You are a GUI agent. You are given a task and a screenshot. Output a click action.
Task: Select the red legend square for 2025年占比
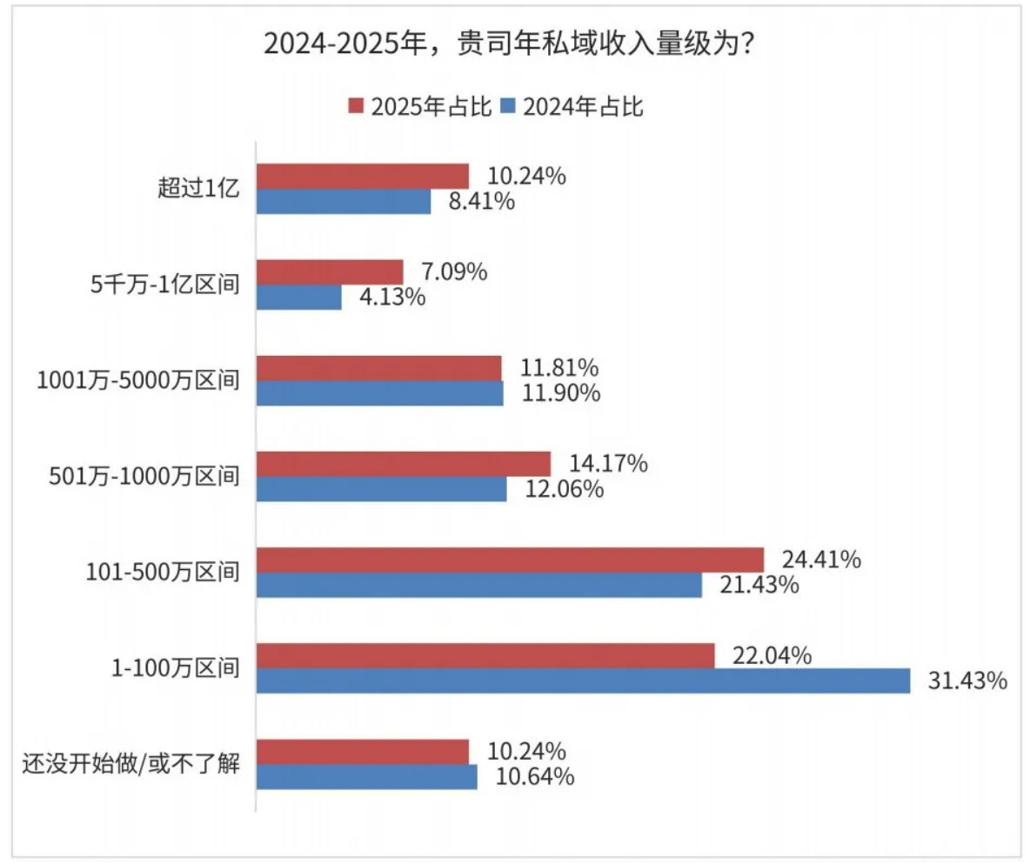tap(355, 106)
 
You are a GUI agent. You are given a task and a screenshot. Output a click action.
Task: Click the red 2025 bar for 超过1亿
tap(363, 177)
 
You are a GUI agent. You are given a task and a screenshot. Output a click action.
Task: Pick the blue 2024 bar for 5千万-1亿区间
tap(299, 298)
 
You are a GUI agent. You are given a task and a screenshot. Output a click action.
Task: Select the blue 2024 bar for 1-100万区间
tap(584, 681)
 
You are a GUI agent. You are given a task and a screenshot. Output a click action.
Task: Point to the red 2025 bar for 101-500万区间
tap(511, 560)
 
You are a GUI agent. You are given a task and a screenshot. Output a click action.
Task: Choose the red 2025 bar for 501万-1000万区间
tap(405, 464)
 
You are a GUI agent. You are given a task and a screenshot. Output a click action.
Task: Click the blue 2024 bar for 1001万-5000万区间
tap(380, 393)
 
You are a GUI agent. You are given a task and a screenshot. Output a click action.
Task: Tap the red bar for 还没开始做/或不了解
tap(363, 751)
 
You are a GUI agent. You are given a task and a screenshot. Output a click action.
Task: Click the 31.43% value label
tap(966, 681)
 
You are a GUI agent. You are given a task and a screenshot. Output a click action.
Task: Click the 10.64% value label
tap(534, 776)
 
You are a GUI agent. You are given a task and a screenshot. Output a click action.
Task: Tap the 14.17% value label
tap(607, 464)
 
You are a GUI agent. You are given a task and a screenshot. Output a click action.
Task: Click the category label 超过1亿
tap(197, 189)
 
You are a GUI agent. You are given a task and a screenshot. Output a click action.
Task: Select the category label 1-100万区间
tap(176, 667)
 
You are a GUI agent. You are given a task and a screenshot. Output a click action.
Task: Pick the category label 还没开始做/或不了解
tap(130, 764)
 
